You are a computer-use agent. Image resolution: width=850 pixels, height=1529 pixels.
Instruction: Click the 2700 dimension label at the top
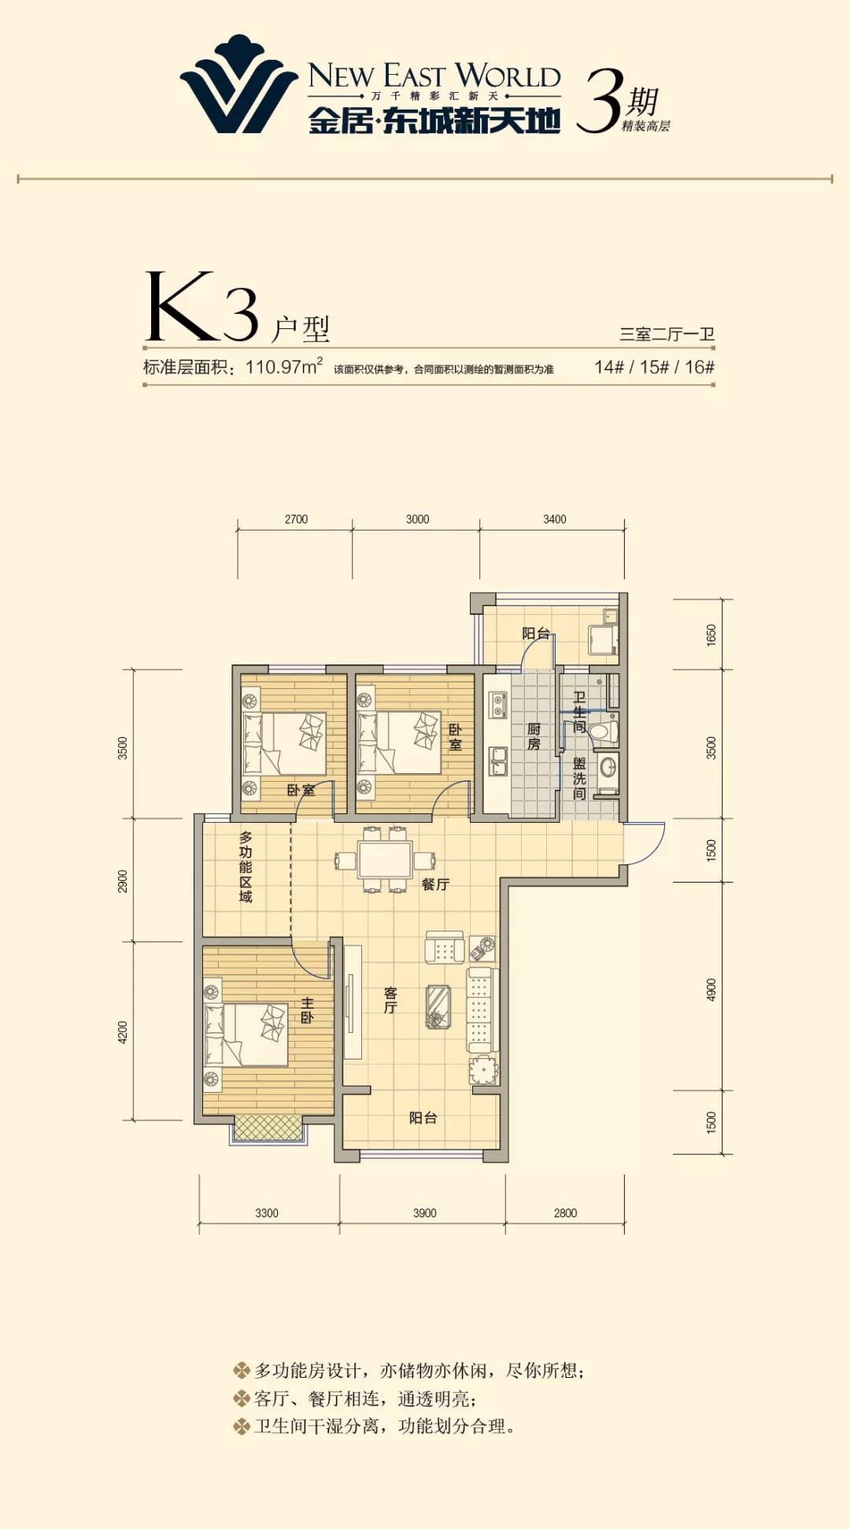tap(296, 520)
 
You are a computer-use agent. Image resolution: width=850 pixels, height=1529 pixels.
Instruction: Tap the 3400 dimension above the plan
tap(554, 520)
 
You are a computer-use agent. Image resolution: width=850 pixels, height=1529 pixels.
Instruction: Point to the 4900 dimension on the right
tap(711, 990)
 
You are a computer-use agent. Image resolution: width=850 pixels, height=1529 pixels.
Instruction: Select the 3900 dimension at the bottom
tap(424, 1213)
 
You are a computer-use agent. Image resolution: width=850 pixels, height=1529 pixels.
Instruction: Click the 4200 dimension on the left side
tap(123, 1032)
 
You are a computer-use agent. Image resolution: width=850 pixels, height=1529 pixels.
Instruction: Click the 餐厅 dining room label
tap(435, 885)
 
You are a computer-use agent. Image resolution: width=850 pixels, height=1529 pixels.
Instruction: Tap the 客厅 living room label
tap(390, 1000)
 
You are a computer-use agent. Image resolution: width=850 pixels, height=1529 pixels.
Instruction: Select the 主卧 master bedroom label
tap(307, 1010)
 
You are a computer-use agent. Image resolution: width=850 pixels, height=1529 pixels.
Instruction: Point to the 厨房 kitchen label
tap(534, 736)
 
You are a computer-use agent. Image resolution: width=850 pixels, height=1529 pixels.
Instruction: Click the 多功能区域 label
tap(246, 867)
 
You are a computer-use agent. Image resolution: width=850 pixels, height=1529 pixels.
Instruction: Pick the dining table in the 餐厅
tap(385, 860)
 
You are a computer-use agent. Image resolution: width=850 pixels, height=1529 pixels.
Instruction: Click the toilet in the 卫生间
tap(604, 732)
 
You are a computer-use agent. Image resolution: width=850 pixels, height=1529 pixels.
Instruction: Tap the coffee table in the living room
tap(438, 1007)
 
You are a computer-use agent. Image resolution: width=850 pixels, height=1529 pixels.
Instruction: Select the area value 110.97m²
tap(283, 366)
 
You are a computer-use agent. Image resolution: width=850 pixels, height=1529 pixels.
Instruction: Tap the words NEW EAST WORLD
tap(434, 76)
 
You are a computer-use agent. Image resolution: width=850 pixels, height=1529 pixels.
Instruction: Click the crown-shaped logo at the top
tap(238, 84)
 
